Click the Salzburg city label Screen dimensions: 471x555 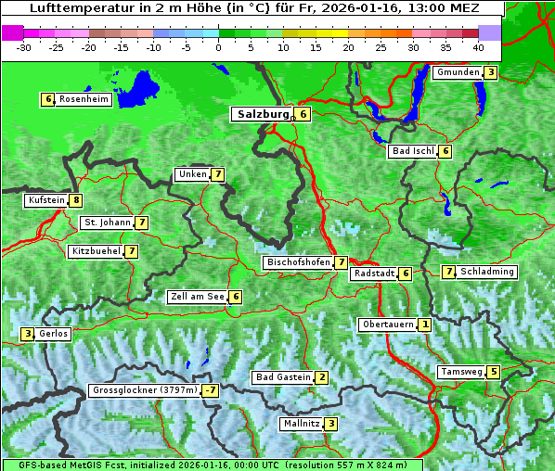(x=259, y=114)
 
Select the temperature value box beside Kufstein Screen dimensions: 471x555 (x=75, y=200)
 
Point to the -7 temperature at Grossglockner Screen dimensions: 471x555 (x=211, y=391)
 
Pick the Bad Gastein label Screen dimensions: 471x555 (x=283, y=377)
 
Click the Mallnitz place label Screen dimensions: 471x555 (x=301, y=424)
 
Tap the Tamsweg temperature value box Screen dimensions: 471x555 (x=494, y=372)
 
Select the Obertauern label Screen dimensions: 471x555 (x=387, y=325)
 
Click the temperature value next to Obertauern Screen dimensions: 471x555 (x=424, y=325)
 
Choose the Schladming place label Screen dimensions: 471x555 (x=487, y=272)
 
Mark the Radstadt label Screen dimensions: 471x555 (x=374, y=274)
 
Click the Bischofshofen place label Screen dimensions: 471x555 (x=298, y=263)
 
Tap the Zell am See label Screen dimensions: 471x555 (x=198, y=297)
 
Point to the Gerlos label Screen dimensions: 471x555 (x=54, y=334)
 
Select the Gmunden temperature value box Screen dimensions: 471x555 (x=491, y=72)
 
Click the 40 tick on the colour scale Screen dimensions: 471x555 (x=478, y=46)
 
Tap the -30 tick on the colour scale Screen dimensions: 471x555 (x=24, y=46)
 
